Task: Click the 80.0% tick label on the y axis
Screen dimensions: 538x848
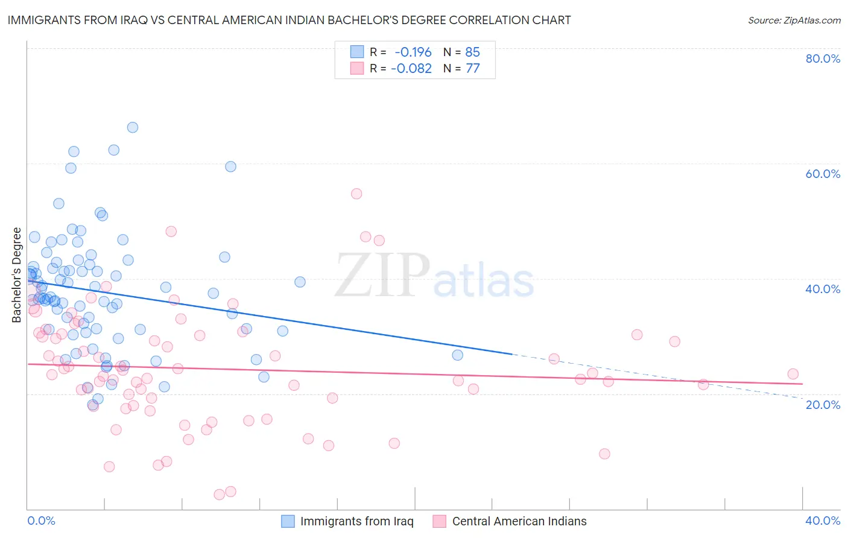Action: [823, 59]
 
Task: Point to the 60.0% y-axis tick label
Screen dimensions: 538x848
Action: [823, 174]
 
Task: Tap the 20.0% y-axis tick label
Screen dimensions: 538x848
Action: [823, 405]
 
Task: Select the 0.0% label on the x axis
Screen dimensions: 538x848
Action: [41, 521]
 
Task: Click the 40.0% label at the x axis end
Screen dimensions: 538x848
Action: [823, 521]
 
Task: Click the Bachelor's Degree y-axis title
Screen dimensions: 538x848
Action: [17, 275]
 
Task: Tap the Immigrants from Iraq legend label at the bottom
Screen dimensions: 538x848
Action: [357, 522]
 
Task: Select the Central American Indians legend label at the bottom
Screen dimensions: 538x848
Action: [519, 522]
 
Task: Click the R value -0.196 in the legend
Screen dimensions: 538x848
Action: [413, 52]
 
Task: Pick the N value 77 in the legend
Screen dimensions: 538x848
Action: [473, 69]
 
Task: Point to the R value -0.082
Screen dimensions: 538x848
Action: [411, 69]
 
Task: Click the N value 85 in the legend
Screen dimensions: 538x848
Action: [473, 52]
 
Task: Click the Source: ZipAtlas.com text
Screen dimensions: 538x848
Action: [794, 21]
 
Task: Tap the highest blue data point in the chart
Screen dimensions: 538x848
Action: [133, 127]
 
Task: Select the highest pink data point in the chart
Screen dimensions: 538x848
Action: [356, 194]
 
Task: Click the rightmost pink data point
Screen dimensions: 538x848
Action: [793, 374]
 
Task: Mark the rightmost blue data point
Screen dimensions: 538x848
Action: [458, 355]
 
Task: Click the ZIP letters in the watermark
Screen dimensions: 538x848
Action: [382, 275]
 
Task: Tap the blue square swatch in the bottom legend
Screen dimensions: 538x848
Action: [288, 522]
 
